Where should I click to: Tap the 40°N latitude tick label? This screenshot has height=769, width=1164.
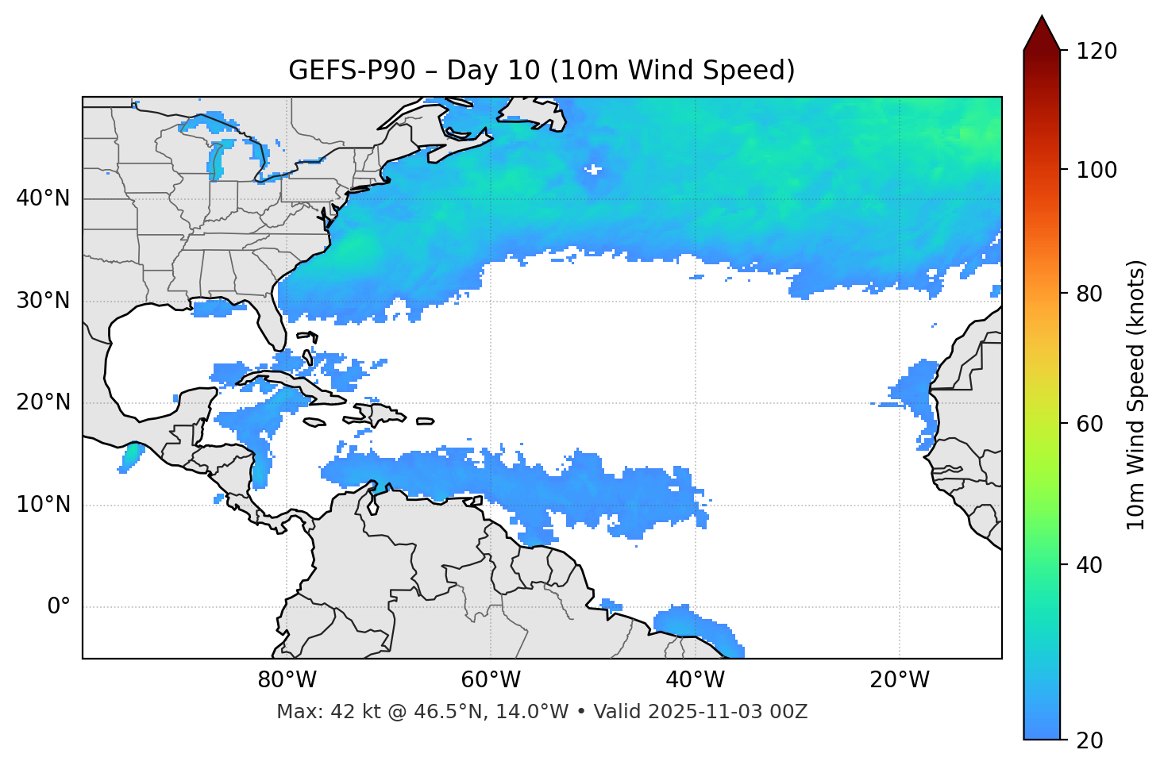43,198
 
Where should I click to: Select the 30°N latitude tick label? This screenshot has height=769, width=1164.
43,301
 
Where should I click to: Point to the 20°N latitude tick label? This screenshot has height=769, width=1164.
43,402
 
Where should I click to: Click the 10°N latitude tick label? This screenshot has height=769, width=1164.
43,505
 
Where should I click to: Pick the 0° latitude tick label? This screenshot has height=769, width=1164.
59,607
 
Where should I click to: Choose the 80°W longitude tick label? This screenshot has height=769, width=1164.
287,680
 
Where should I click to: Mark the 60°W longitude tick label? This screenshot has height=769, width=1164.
491,680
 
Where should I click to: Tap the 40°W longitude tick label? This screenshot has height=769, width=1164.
695,680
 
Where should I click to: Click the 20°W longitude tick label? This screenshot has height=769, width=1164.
899,680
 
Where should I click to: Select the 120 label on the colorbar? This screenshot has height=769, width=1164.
1096,52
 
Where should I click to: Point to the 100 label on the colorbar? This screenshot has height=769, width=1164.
1096,170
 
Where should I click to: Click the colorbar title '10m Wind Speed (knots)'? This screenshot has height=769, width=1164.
1136,394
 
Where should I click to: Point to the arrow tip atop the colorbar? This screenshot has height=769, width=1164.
1042,17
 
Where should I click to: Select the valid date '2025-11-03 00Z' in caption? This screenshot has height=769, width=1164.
727,712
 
